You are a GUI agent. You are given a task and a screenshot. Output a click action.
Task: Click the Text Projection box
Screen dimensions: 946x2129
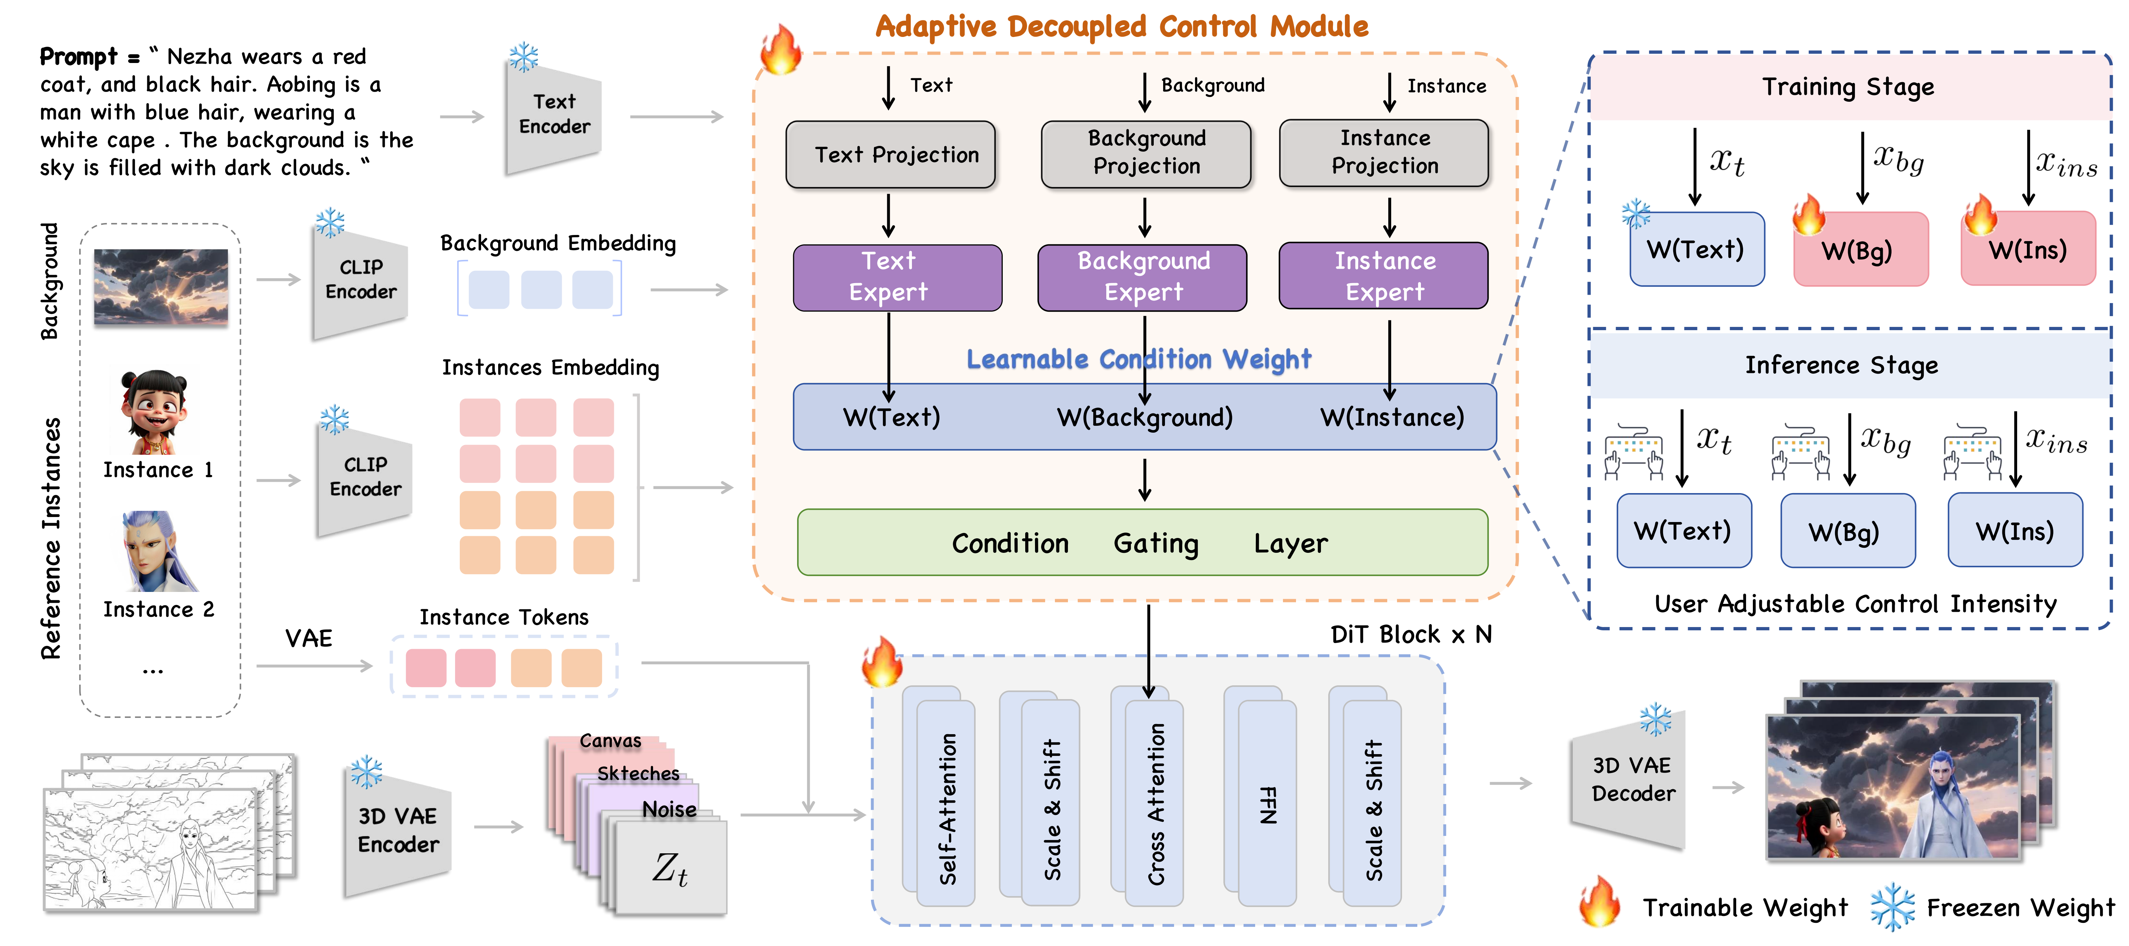(890, 155)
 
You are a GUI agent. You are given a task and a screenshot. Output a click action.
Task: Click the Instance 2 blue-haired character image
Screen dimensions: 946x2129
(157, 551)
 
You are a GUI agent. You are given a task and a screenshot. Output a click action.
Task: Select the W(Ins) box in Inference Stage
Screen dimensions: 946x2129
(2015, 530)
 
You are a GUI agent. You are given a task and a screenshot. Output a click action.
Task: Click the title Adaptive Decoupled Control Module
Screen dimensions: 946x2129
(1122, 26)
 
